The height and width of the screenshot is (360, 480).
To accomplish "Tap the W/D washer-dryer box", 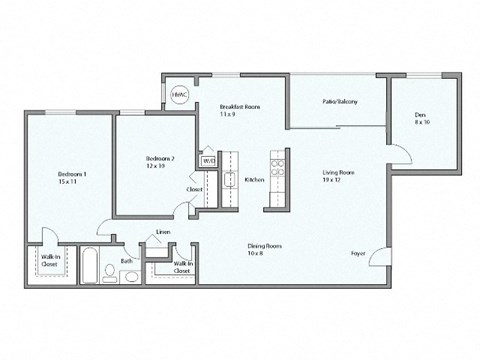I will [209, 159].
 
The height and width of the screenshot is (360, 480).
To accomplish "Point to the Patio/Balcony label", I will [340, 102].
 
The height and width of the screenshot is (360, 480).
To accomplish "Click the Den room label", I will [420, 118].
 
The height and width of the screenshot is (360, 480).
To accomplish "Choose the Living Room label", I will [338, 176].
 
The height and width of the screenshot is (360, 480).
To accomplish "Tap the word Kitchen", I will [254, 179].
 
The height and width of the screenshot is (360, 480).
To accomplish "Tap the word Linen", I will [163, 232].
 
